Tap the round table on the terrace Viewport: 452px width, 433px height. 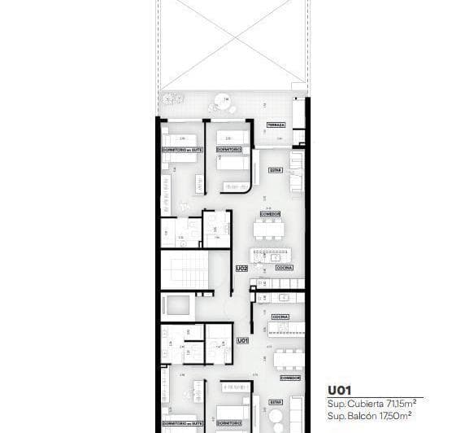(220, 104)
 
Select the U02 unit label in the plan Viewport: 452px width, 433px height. (241, 267)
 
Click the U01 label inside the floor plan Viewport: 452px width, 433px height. (241, 340)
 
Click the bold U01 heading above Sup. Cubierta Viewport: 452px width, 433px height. (341, 389)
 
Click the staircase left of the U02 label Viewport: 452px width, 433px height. (184, 270)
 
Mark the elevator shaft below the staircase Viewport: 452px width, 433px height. (178, 307)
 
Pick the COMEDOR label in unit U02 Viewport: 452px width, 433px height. (271, 214)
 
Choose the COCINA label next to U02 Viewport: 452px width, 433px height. (284, 267)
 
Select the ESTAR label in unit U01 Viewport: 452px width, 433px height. (276, 401)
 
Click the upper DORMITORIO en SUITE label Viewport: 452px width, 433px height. (180, 150)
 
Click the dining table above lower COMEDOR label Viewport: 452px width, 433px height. (289, 357)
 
